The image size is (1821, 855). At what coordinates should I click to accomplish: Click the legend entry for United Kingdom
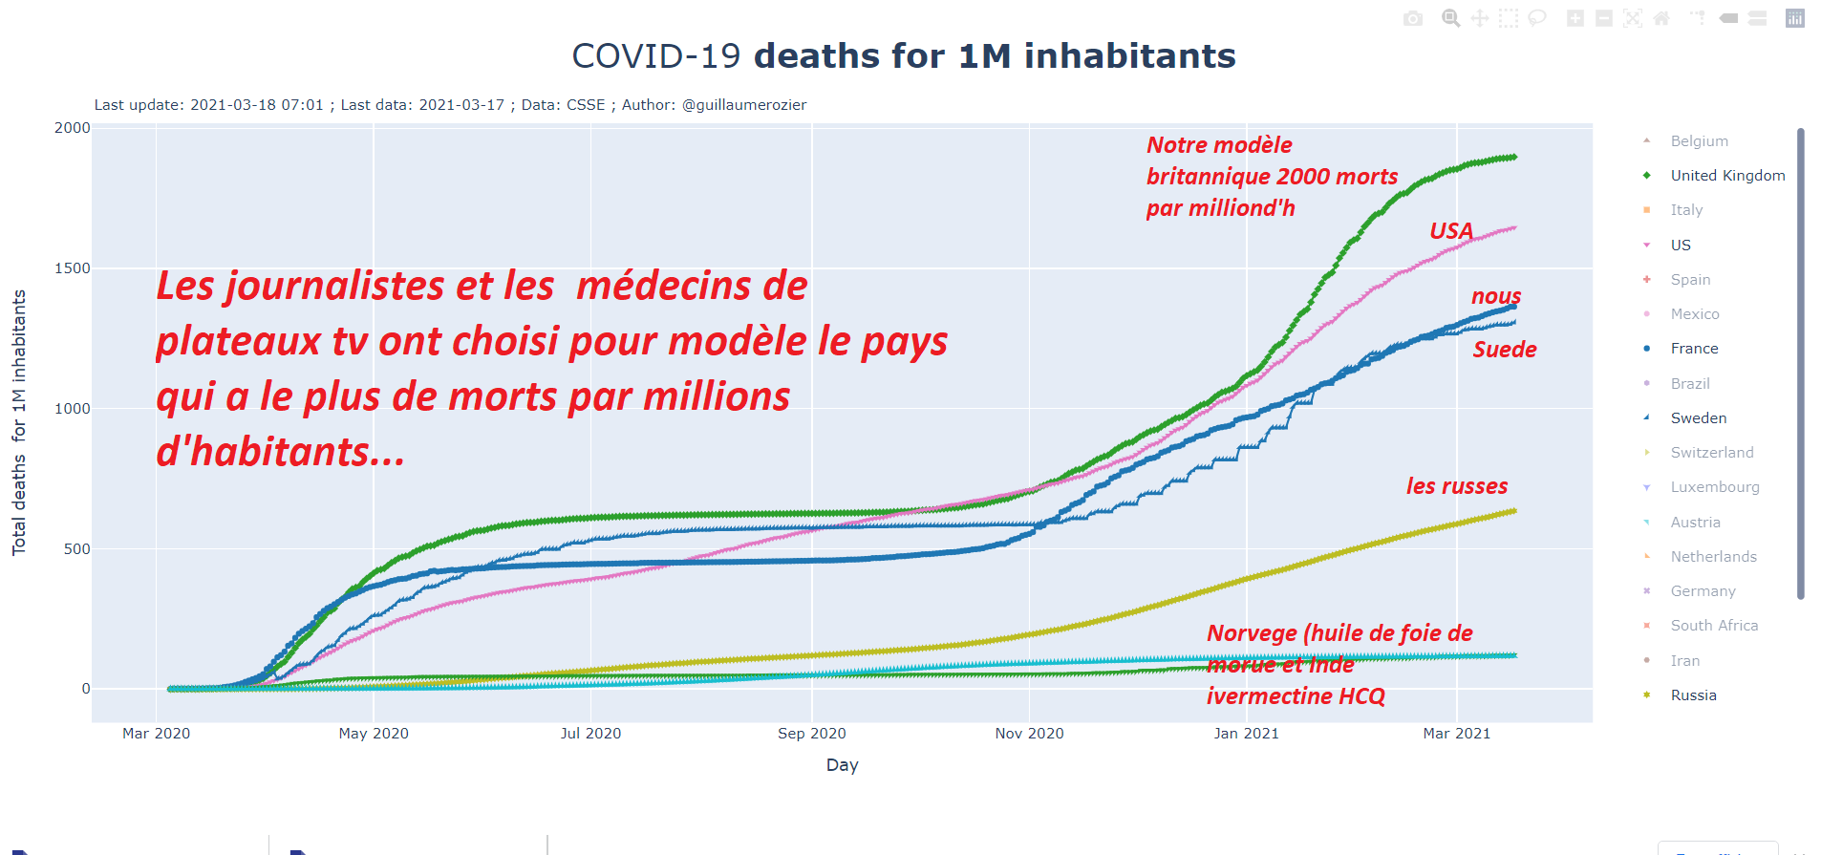tap(1726, 176)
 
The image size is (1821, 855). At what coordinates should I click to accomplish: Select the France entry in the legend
tap(1694, 349)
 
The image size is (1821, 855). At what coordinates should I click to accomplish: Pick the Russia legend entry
tap(1693, 695)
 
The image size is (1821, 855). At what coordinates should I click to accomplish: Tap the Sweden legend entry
tap(1698, 418)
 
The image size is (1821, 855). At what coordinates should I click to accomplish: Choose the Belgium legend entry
tap(1699, 141)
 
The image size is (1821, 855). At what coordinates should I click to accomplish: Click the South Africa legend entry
tap(1714, 626)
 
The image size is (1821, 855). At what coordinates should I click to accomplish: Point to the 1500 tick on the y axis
tap(73, 268)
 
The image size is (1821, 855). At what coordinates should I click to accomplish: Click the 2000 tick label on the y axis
tap(73, 128)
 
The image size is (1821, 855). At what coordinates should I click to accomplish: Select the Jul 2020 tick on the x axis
tap(590, 734)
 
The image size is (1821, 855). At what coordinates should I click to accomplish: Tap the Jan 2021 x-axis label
tap(1246, 734)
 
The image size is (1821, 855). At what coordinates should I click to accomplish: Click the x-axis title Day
tap(842, 765)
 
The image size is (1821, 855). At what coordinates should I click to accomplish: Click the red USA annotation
tap(1450, 231)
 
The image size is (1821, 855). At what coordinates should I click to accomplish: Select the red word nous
tap(1496, 296)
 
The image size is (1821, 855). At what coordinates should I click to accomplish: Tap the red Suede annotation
tap(1505, 350)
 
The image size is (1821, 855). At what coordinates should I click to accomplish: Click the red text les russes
tap(1456, 486)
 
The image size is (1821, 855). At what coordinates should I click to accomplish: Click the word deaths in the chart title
tap(817, 56)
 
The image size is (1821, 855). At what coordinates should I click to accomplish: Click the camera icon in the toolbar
tap(1413, 18)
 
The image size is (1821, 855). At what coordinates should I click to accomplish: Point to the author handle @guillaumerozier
tap(744, 105)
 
